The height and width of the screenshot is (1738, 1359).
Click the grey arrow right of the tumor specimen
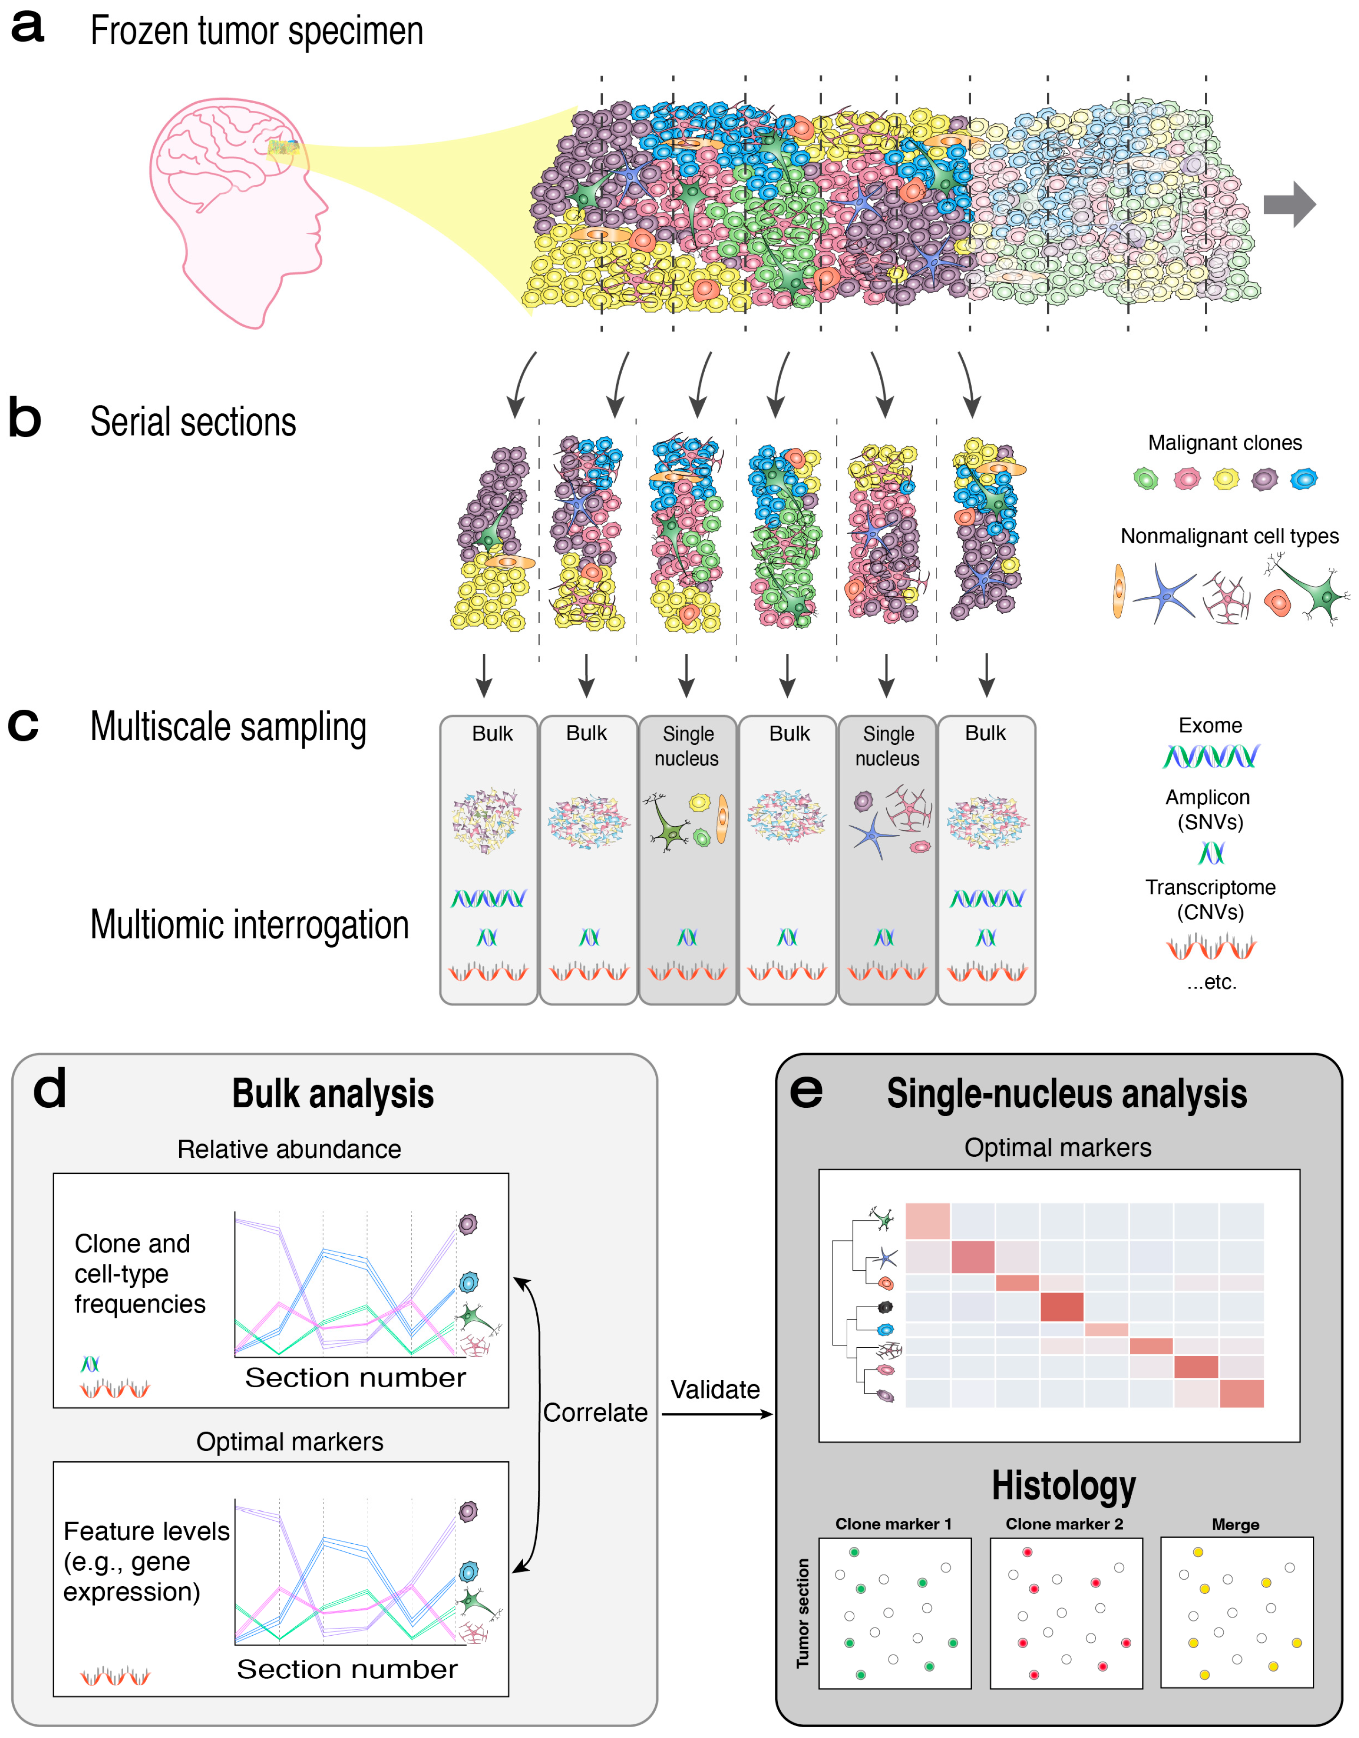(x=1289, y=205)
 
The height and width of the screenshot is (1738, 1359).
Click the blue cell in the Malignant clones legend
(x=1303, y=479)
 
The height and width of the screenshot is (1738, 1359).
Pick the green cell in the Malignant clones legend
(x=1145, y=479)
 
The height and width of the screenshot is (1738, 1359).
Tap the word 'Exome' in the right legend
(x=1210, y=726)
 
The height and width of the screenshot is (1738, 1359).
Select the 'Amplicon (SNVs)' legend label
(x=1208, y=809)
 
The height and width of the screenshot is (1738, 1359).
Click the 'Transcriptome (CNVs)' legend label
(x=1210, y=899)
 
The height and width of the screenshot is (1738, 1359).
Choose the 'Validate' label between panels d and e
(x=715, y=1390)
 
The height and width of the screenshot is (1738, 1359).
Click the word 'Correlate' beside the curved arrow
(x=595, y=1413)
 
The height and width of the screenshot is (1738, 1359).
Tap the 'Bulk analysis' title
(x=333, y=1094)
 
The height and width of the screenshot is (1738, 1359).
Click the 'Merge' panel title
(x=1235, y=1525)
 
